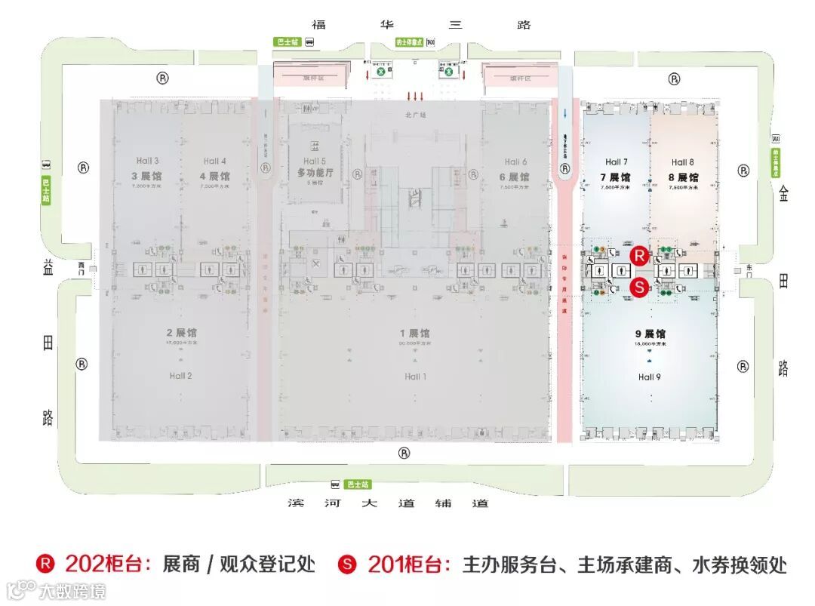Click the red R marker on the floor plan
(x=639, y=255)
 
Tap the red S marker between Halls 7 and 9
(x=639, y=286)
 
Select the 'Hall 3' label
(x=147, y=161)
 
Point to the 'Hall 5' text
(x=315, y=161)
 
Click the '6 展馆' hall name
(x=512, y=177)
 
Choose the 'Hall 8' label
(x=682, y=162)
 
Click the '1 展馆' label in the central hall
(x=415, y=334)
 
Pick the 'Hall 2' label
(x=180, y=376)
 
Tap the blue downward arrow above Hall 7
(x=565, y=114)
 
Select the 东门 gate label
(x=749, y=266)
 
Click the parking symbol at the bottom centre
(x=404, y=453)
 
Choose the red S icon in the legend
(x=348, y=564)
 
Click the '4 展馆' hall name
(x=214, y=177)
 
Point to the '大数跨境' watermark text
(x=73, y=590)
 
